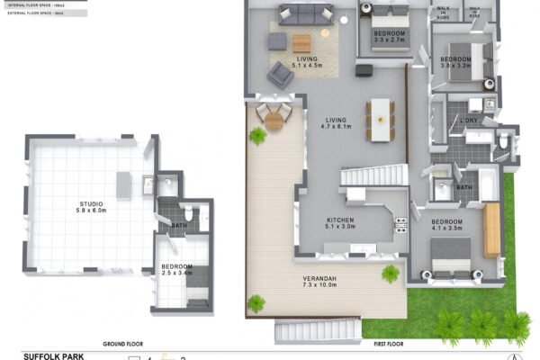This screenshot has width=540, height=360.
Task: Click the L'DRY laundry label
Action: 468,121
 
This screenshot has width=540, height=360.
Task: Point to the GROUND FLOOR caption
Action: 123,344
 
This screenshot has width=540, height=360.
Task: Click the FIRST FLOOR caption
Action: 382,344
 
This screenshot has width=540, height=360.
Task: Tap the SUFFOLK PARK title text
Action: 53,355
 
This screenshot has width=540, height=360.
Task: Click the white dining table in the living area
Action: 381,118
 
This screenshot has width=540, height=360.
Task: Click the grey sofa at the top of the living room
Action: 304,13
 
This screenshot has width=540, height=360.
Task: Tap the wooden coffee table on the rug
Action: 301,42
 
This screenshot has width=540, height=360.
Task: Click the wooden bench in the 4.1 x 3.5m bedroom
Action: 491,229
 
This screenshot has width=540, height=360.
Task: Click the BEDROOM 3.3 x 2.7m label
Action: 391,37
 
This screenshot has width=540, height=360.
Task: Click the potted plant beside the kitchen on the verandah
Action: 391,273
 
